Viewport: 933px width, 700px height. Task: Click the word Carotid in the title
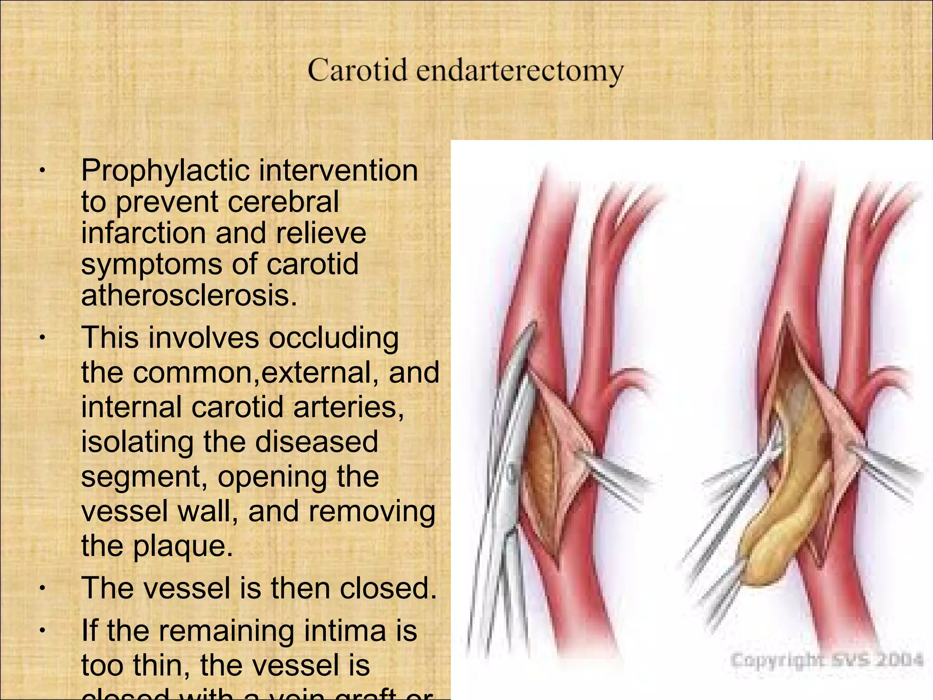[x=357, y=71]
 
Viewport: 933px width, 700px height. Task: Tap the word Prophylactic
[x=165, y=171]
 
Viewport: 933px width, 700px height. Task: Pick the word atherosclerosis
[x=189, y=296]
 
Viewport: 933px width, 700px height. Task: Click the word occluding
[x=333, y=338]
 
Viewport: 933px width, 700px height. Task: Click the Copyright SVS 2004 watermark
[x=827, y=660]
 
